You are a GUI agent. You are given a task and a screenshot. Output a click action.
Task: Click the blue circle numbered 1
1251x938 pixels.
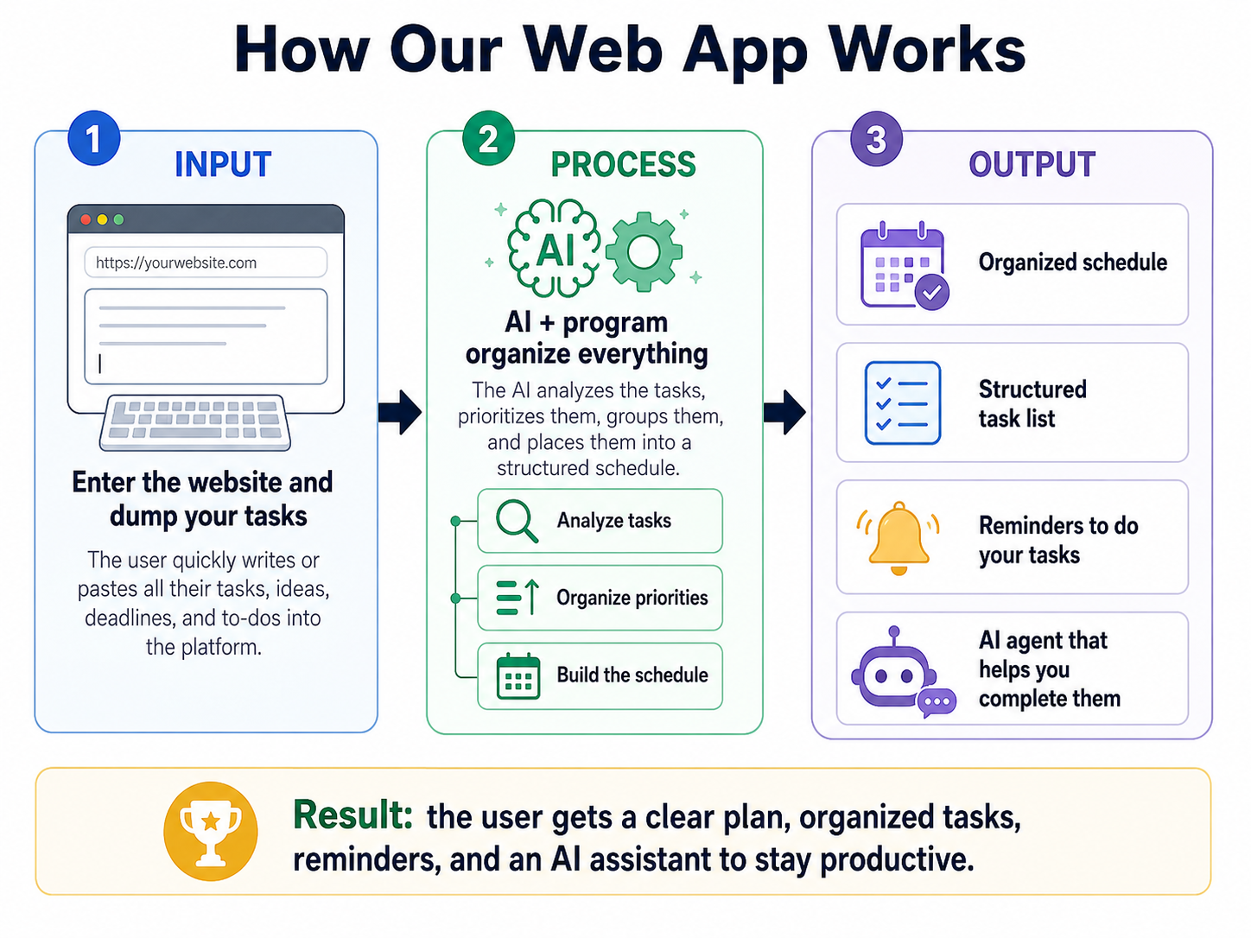pyautogui.click(x=93, y=138)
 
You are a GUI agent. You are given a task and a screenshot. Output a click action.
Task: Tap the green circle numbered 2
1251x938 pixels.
pyautogui.click(x=488, y=138)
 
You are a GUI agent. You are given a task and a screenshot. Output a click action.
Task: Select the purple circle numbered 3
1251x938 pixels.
pyautogui.click(x=876, y=138)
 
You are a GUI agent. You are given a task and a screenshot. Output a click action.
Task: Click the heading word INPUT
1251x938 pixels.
pyautogui.click(x=223, y=165)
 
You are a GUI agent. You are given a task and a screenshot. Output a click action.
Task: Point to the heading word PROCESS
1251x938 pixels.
pyautogui.click(x=623, y=165)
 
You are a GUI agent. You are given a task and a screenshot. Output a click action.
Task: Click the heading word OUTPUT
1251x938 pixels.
pyautogui.click(x=1032, y=165)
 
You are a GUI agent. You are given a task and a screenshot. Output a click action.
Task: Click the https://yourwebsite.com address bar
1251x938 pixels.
pyautogui.click(x=206, y=263)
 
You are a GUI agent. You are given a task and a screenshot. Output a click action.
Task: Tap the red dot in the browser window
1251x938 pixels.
pyautogui.click(x=86, y=220)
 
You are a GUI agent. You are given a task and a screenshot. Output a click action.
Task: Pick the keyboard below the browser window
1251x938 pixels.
pyautogui.click(x=195, y=422)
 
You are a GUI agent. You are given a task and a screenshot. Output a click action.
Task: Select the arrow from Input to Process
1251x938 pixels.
pyautogui.click(x=400, y=412)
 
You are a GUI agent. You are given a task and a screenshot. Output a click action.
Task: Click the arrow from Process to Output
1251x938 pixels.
pyautogui.click(x=784, y=412)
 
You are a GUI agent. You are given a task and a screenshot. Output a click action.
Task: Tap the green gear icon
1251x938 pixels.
pyautogui.click(x=644, y=251)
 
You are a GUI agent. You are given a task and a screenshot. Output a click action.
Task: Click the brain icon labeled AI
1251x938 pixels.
pyautogui.click(x=554, y=248)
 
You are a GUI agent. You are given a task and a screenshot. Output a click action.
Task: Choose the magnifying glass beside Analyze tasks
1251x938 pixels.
pyautogui.click(x=517, y=521)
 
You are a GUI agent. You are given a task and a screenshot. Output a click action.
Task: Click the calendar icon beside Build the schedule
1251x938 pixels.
pyautogui.click(x=518, y=676)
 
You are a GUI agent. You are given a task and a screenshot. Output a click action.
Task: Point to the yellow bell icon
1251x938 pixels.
pyautogui.click(x=899, y=538)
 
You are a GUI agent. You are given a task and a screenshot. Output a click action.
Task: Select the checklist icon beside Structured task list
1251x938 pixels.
pyautogui.click(x=903, y=402)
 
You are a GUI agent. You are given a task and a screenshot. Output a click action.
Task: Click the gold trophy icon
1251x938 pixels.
pyautogui.click(x=210, y=832)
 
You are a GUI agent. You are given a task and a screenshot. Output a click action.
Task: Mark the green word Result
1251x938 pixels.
pyautogui.click(x=352, y=814)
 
